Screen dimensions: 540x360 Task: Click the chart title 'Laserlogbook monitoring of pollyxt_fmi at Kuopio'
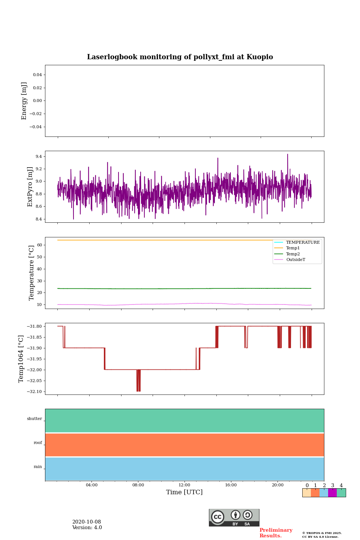coord(180,57)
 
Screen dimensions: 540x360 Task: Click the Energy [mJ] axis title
coord(24,101)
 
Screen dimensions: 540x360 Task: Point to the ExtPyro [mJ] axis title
coord(30,187)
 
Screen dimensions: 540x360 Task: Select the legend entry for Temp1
coord(293,248)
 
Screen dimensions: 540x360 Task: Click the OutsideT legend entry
coord(295,260)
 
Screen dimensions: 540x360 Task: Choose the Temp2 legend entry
coord(293,254)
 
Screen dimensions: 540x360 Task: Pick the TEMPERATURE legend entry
coord(303,242)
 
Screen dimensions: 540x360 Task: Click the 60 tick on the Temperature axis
coord(39,245)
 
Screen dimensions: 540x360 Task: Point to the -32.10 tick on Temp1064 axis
coord(34,391)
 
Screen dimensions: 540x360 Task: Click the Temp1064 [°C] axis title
coord(21,359)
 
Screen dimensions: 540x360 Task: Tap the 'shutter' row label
coord(34,419)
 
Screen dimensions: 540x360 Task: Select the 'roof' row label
coord(38,443)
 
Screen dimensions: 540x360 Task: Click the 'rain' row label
coord(38,467)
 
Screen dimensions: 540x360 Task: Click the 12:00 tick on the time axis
coord(184,485)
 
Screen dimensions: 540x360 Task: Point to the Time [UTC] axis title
coord(184,492)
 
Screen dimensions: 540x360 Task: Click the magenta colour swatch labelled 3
coord(332,493)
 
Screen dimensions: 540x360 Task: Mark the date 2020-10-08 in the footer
coord(87,522)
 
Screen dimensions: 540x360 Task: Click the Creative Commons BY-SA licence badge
coord(234,517)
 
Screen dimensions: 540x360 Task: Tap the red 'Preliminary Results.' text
coord(276,533)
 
